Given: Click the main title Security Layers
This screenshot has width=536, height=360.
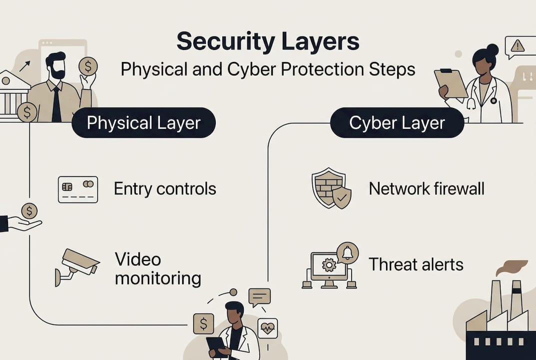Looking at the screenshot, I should tap(268, 42).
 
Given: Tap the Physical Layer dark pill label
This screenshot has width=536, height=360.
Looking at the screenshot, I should tap(144, 123).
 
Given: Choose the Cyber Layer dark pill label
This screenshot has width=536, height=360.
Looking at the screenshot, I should tap(397, 123).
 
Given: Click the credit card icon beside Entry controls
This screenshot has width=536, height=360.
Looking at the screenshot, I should tap(78, 189).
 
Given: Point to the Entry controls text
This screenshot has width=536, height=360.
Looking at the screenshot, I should tap(165, 189).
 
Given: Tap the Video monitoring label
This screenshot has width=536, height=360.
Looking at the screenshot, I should tap(157, 268).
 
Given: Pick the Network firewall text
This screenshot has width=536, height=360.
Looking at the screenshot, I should tap(427, 189).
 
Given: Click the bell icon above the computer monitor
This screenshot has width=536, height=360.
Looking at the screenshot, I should tap(347, 253).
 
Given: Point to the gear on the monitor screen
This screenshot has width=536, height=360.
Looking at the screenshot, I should tap(329, 265).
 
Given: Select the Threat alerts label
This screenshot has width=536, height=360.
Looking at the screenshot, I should tap(416, 264).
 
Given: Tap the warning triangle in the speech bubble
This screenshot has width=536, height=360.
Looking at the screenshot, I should tap(518, 46).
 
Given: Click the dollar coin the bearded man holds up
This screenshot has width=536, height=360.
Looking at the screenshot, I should tap(88, 66).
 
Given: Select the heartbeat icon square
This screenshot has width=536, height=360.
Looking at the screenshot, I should tap(267, 328).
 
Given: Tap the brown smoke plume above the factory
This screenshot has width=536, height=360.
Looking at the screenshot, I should tap(512, 267).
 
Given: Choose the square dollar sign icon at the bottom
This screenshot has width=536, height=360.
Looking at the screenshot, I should tap(203, 323).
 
